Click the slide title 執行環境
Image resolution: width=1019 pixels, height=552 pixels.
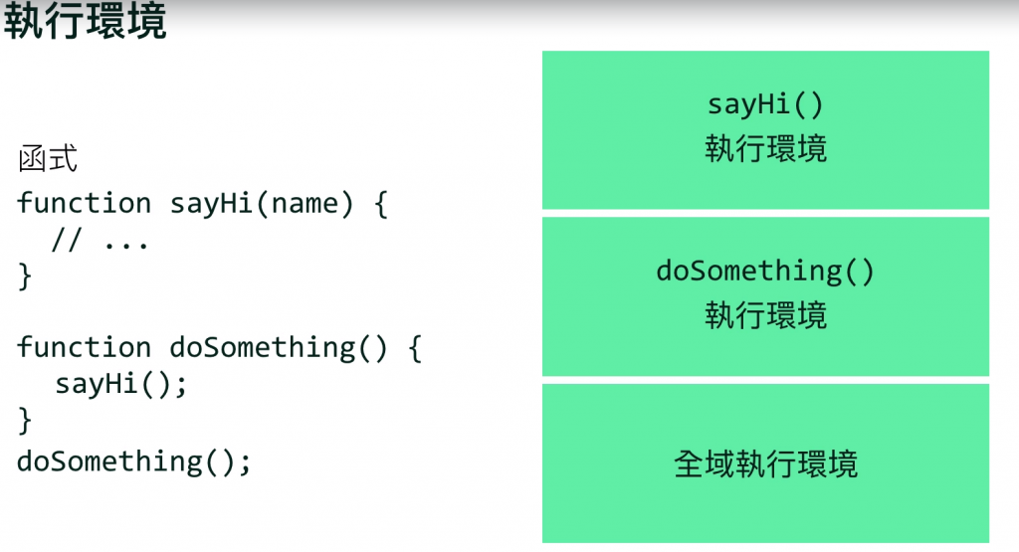pos(85,23)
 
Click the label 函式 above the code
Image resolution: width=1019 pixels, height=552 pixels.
pos(48,159)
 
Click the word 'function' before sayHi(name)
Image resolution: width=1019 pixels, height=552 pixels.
pos(84,203)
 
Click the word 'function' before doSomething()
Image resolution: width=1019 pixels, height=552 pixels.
pos(84,348)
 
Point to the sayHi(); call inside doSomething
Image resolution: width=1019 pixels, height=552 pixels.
pos(120,384)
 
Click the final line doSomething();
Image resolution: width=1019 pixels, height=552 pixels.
pos(134,461)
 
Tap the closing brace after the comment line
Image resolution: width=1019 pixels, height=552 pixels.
pos(25,276)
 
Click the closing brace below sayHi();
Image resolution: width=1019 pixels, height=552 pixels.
pos(25,421)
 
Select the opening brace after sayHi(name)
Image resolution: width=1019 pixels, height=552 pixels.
pos(378,203)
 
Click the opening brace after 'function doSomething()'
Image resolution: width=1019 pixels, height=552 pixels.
pos(415,348)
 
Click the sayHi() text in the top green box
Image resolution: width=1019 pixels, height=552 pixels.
pos(765,104)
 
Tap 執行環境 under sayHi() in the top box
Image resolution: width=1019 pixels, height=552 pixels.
pos(765,149)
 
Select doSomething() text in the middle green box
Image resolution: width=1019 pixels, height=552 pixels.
pos(765,271)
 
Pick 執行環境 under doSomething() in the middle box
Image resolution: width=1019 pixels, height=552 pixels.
pos(765,315)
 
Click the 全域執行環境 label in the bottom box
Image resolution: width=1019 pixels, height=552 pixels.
pos(765,463)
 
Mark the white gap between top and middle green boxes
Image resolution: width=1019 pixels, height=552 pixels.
pos(765,213)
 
